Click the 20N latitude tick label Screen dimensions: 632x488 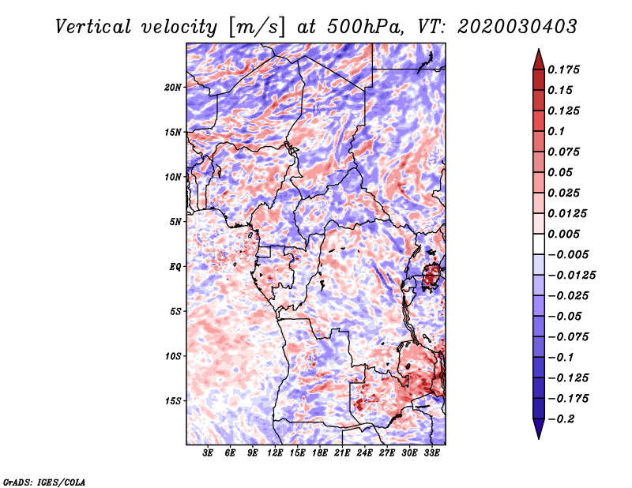173,88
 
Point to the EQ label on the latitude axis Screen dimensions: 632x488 175,267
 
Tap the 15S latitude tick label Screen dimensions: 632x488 173,401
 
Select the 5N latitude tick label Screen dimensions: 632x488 175,222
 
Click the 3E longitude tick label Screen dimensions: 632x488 208,453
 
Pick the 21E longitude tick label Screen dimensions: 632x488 342,453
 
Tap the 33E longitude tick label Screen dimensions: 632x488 431,453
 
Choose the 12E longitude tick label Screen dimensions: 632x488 274,453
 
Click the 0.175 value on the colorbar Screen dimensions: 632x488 563,69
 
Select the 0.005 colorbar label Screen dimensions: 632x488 563,234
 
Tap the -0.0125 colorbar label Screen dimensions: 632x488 571,276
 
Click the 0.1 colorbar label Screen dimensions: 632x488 556,131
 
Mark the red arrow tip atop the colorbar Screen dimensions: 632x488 539,49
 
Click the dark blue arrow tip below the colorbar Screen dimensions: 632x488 539,438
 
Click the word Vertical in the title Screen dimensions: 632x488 93,27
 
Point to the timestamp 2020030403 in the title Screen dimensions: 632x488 517,27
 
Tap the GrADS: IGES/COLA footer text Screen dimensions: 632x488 44,482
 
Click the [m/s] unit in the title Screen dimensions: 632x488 258,27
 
